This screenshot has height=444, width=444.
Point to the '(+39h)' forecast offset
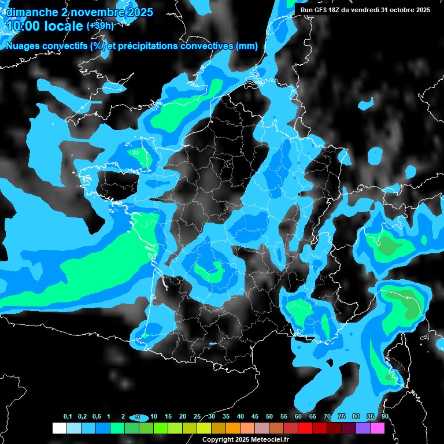(x=99, y=26)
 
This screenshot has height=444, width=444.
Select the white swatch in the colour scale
(x=59, y=428)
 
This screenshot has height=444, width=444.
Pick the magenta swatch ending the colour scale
(x=378, y=428)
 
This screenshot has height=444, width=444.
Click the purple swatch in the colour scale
(x=363, y=428)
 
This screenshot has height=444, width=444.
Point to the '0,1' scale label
(x=68, y=417)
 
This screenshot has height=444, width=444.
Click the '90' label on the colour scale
(x=384, y=417)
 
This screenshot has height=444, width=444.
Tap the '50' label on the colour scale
(x=269, y=417)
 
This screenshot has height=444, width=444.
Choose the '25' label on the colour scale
(x=197, y=417)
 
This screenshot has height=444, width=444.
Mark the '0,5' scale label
(x=96, y=417)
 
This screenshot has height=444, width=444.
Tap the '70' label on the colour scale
(x=327, y=417)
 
